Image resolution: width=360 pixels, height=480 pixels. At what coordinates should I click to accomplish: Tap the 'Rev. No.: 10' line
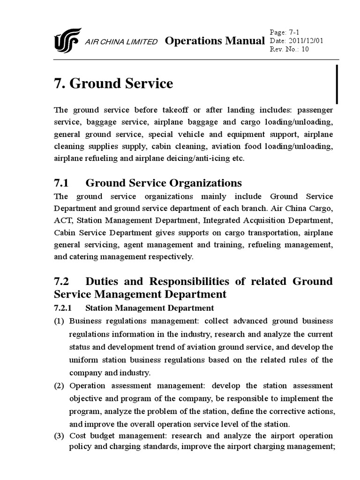pos(290,50)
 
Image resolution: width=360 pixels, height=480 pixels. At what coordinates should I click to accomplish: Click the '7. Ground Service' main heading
pos(113,83)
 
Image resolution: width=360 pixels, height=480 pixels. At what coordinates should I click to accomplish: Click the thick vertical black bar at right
pos(337,84)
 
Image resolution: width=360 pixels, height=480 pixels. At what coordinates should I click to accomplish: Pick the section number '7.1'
pos(62,183)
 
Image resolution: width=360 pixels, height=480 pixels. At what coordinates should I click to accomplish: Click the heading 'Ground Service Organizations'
pos(164,183)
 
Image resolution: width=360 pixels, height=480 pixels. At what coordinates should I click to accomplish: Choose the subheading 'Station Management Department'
pos(150,308)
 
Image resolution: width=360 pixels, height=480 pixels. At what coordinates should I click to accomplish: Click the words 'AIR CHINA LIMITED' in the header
pos(121,42)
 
